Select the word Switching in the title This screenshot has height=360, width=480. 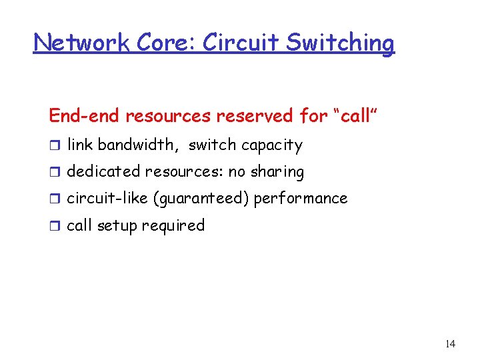pos(341,44)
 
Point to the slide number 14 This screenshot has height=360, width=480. pos(450,344)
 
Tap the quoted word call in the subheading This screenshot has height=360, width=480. pos(359,116)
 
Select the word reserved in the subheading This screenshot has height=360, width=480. pos(256,116)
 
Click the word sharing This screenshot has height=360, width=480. pos(277,173)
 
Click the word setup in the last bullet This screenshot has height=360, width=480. pos(116,226)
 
